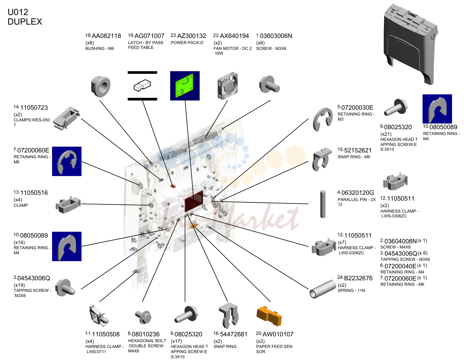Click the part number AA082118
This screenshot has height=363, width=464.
point(106,36)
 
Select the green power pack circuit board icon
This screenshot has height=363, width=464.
point(185,86)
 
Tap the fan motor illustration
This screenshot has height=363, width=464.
point(228,86)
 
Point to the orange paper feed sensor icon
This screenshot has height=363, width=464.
point(269,316)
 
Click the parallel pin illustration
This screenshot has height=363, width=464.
point(323,204)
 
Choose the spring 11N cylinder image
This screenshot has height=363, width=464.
point(323,289)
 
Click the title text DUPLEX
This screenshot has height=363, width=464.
point(25,22)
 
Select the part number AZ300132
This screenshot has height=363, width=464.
point(191,36)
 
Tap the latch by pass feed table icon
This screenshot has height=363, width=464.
point(142,86)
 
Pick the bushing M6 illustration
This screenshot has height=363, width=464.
point(101,86)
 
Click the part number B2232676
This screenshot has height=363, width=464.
point(358,278)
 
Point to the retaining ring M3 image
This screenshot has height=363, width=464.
point(323,119)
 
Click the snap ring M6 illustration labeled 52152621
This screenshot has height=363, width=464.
point(322,159)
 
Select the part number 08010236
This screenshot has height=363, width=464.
point(146,334)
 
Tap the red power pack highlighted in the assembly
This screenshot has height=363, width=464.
point(194,201)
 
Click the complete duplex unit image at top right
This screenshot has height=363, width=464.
point(410,44)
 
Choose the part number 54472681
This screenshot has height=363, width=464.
point(234,334)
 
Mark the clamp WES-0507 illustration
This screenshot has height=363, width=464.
point(67,119)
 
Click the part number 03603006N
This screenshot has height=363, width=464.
point(276,36)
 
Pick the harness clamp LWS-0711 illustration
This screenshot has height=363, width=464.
point(99,316)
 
